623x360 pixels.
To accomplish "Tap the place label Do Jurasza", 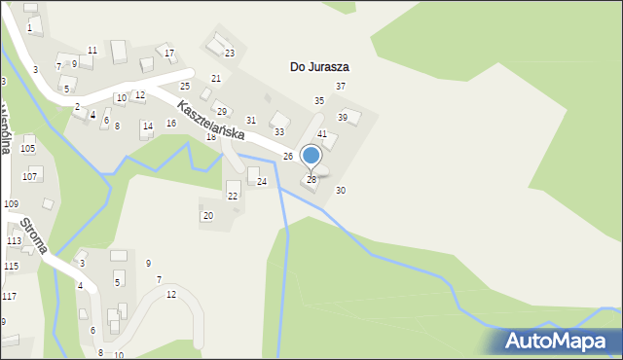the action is tap(319, 67).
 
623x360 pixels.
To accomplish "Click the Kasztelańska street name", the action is tap(210, 121).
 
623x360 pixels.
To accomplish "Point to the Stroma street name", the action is tap(34, 234).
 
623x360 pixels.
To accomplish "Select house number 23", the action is tap(230, 54).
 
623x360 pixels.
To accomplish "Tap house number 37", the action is tap(341, 87).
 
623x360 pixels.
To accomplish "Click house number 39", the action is tap(343, 118).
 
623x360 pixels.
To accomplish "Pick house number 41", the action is tap(321, 133).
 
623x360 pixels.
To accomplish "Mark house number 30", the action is tap(340, 191).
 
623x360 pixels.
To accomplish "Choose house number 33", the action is tap(278, 131).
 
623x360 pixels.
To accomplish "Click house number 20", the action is tap(207, 216).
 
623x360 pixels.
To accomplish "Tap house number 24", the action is tap(261, 182).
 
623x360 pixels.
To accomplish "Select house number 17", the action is tap(169, 53).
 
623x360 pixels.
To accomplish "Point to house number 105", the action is tap(27, 148).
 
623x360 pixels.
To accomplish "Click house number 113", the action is tap(14, 240).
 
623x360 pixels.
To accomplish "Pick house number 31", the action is tap(250, 121).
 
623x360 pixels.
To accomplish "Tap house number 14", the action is tap(147, 126).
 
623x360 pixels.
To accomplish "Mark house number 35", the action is tap(318, 101).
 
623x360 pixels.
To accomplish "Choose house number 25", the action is tap(184, 87).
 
